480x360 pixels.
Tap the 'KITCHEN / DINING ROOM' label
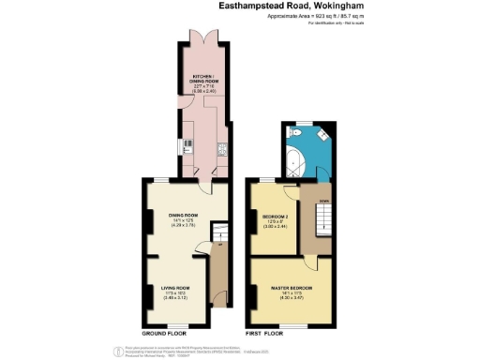pyautogui.click(x=206, y=79)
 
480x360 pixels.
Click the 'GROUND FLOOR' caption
pyautogui.click(x=164, y=334)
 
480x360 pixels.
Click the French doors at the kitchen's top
pyautogui.click(x=206, y=38)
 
